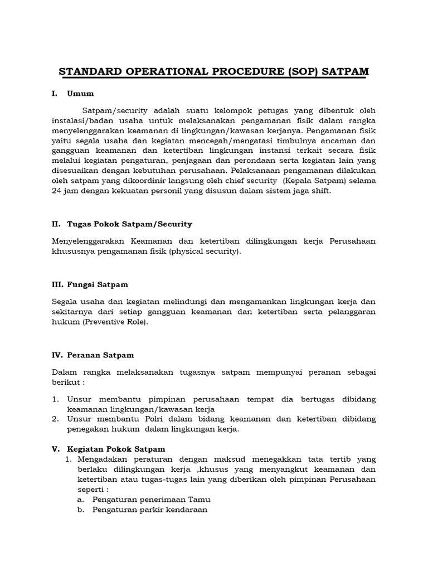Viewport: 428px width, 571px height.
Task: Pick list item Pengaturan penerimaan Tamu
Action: coord(152,499)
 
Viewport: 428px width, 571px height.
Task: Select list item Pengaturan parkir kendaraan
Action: coord(150,510)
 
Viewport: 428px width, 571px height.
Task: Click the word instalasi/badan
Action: coord(82,120)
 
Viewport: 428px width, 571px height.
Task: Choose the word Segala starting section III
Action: coord(64,302)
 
